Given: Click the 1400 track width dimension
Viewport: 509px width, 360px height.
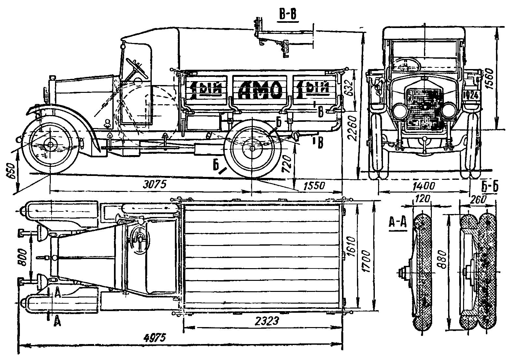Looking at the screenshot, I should (424, 186).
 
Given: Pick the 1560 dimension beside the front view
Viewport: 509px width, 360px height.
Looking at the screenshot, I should (501, 79).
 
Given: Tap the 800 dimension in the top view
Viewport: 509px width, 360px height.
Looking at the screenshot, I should (23, 257).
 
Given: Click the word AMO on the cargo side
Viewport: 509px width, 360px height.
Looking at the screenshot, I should (260, 89).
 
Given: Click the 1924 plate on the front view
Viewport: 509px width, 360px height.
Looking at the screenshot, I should (471, 95).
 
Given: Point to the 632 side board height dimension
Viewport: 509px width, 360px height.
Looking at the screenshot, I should (349, 88).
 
